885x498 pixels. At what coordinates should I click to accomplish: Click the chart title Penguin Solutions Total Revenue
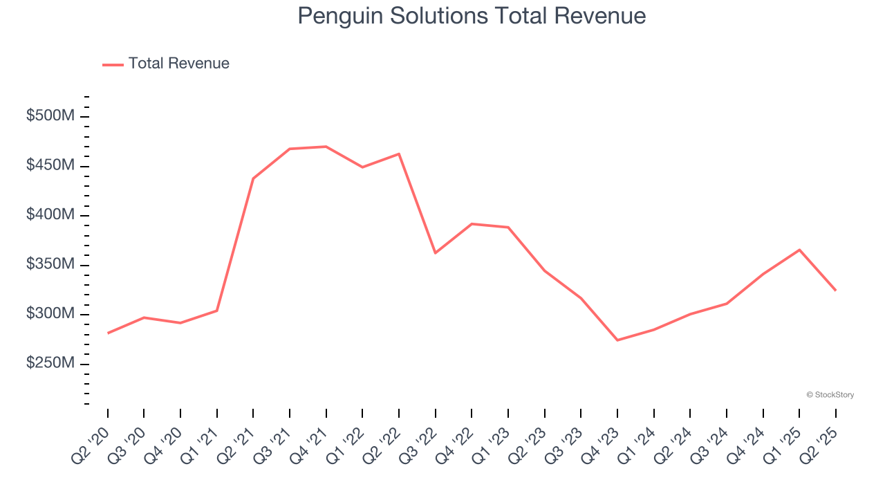pyautogui.click(x=472, y=16)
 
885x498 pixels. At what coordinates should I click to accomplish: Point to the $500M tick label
pyautogui.click(x=50, y=116)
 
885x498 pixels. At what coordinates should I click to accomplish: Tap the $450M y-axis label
pyautogui.click(x=50, y=166)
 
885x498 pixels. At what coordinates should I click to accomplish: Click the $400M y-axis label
pyautogui.click(x=50, y=215)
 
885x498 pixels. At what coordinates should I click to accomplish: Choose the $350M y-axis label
pyautogui.click(x=50, y=265)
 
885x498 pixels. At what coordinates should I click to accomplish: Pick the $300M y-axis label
pyautogui.click(x=50, y=314)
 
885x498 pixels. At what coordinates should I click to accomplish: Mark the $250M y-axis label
pyautogui.click(x=50, y=364)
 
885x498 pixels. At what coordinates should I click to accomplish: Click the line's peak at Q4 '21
pyautogui.click(x=326, y=147)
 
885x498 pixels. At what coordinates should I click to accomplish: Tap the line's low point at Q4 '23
pyautogui.click(x=617, y=340)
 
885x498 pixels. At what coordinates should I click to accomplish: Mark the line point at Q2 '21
pyautogui.click(x=253, y=178)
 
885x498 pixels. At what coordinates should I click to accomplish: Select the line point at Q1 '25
pyautogui.click(x=799, y=250)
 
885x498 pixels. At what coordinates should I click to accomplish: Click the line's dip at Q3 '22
pyautogui.click(x=435, y=253)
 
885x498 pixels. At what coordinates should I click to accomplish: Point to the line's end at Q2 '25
pyautogui.click(x=835, y=290)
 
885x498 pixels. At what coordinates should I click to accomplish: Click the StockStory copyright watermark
pyautogui.click(x=830, y=395)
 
